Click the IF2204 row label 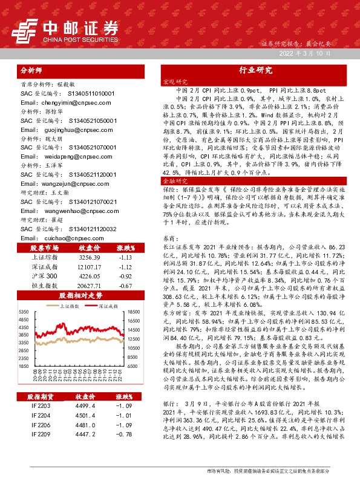pos(42,415)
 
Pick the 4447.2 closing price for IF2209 pos(83,434)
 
